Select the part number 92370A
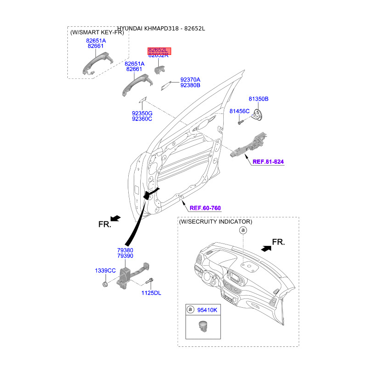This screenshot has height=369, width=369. pos(190,80)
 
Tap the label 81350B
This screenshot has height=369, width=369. pos(258,99)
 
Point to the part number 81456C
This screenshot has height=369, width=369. pos(239,111)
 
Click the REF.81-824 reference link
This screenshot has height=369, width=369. pos(268,162)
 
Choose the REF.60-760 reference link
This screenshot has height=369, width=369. pos(205,208)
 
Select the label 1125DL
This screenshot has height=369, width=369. pos(151,293)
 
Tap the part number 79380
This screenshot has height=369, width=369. pos(125,250)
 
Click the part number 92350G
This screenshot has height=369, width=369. pos(142,113)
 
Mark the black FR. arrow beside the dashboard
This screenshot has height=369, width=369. pos(266,248)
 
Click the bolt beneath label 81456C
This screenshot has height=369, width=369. pos(240,122)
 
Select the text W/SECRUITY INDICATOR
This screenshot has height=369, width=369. pos(215,222)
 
